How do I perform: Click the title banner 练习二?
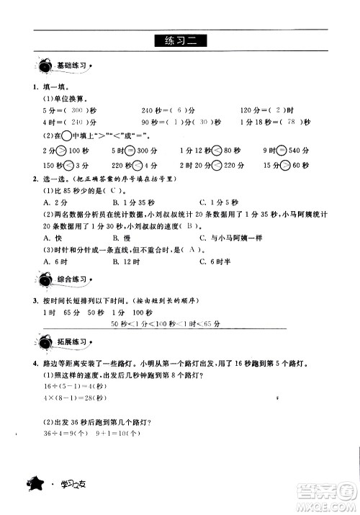[180, 41]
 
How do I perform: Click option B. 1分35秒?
[130, 202]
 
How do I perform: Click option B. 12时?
[125, 260]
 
